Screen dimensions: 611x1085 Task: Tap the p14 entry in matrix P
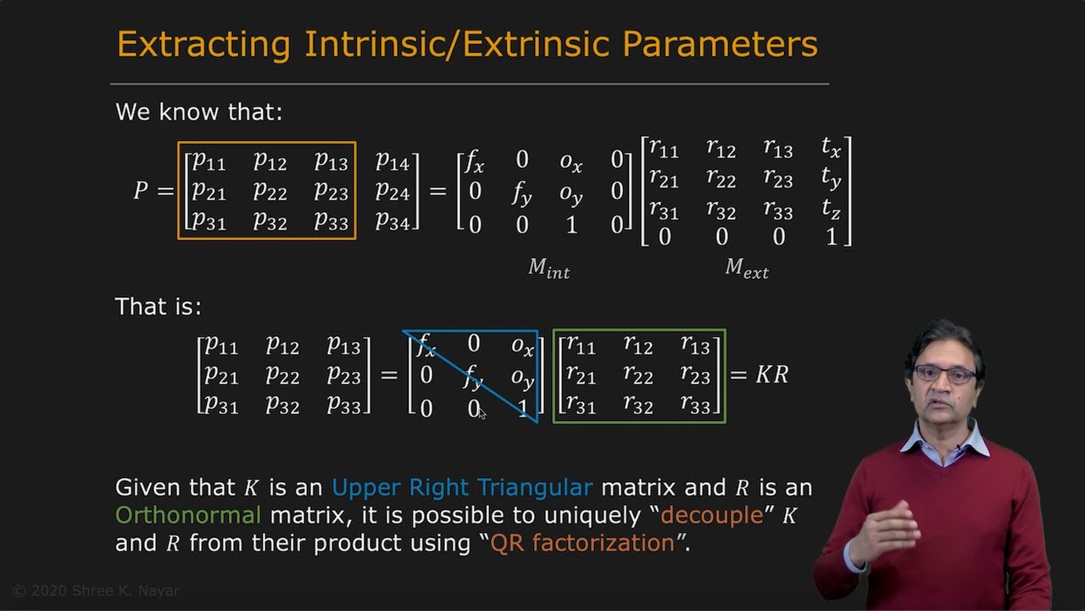pyautogui.click(x=392, y=161)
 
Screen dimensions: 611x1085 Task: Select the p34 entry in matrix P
pyautogui.click(x=392, y=222)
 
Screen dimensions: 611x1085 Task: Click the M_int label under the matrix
pyautogui.click(x=548, y=268)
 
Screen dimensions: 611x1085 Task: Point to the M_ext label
pyautogui.click(x=746, y=268)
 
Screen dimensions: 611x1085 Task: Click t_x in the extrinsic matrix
pyautogui.click(x=831, y=149)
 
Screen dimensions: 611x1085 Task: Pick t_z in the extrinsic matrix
pyautogui.click(x=831, y=209)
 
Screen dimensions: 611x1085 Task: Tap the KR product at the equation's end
pyautogui.click(x=771, y=374)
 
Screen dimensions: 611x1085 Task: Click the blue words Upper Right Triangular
pyautogui.click(x=461, y=487)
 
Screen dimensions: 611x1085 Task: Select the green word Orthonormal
pyautogui.click(x=188, y=515)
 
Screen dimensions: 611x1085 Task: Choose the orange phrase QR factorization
pyautogui.click(x=582, y=543)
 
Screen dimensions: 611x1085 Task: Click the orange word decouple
pyautogui.click(x=712, y=515)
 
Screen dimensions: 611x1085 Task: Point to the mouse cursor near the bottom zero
pyautogui.click(x=481, y=412)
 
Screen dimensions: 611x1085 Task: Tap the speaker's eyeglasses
pyautogui.click(x=943, y=373)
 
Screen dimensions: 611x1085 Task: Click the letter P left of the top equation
pyautogui.click(x=141, y=191)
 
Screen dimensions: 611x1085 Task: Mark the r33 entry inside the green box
pyautogui.click(x=695, y=405)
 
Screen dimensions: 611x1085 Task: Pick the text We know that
pyautogui.click(x=198, y=112)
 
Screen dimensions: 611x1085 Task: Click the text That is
pyautogui.click(x=158, y=306)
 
